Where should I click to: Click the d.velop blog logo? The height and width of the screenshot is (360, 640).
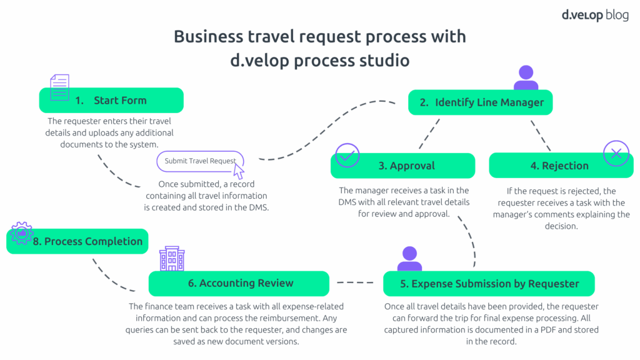(594, 15)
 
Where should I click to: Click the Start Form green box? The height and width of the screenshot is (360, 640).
(111, 100)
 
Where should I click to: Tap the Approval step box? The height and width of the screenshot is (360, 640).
(402, 166)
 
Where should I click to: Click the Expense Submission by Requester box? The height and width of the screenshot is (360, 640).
(489, 284)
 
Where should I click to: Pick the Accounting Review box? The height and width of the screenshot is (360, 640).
(239, 283)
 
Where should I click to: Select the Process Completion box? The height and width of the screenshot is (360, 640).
(77, 241)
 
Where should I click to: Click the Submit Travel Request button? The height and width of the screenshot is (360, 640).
(200, 161)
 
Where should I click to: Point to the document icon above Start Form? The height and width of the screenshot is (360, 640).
(59, 87)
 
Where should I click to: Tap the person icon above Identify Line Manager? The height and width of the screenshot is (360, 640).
(526, 78)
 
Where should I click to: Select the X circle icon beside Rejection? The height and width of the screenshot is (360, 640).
(616, 153)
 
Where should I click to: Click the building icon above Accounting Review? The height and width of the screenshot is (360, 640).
(172, 258)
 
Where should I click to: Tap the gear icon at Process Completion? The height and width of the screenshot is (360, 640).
(22, 233)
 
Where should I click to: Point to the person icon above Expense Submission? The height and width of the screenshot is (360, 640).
(409, 258)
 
